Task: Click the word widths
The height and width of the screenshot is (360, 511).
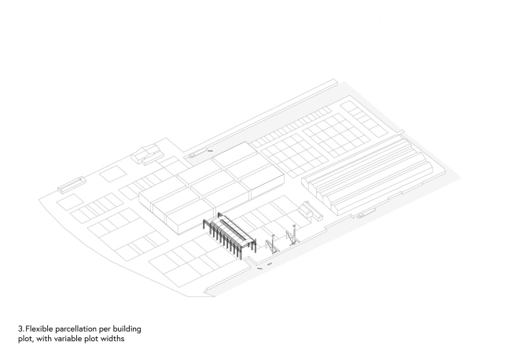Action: coord(112,339)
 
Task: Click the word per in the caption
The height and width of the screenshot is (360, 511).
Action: coord(105,329)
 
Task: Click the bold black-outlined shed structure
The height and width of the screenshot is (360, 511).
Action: coord(230,235)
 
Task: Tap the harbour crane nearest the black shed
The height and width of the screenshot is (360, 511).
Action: coord(272,244)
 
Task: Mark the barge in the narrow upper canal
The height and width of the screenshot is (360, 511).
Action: coord(197,153)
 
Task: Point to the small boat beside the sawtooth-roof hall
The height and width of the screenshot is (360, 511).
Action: coord(364,213)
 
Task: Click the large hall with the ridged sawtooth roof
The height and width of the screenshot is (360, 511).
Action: coord(366,176)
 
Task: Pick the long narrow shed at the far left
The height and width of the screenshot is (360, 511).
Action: coord(71,185)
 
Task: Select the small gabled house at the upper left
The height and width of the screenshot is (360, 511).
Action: coord(147,154)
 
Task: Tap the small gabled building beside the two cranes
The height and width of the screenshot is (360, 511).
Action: coord(311,211)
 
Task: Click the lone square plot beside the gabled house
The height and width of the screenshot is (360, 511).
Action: coord(112,174)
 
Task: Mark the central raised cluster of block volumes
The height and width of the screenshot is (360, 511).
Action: coord(211,186)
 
